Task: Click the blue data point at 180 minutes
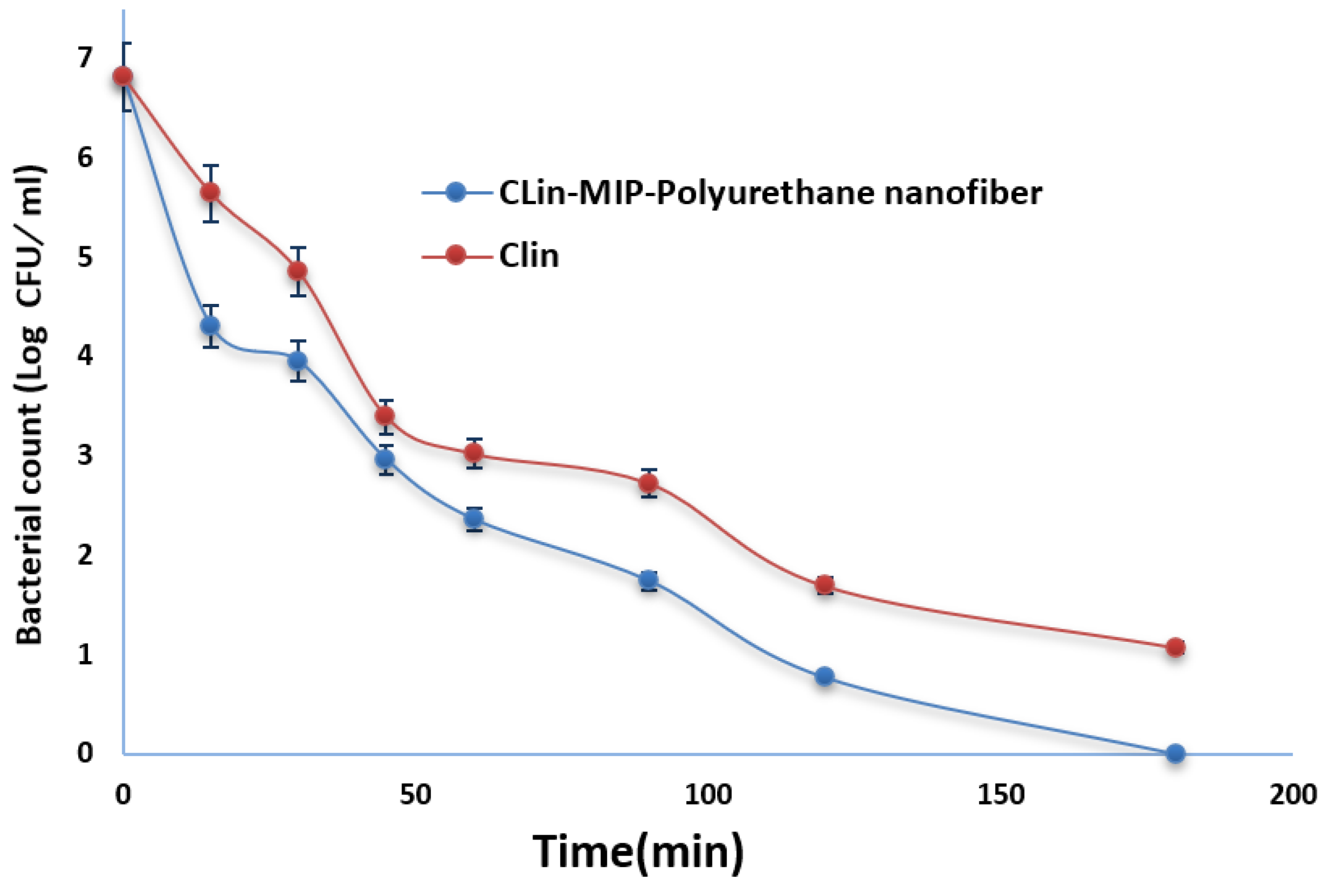[x=1175, y=753]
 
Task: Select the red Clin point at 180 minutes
[x=1175, y=647]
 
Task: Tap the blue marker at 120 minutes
[x=825, y=676]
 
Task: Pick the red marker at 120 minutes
[x=825, y=585]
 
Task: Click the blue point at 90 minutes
[x=648, y=579]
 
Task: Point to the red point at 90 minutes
[x=648, y=482]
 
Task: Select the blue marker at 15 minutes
[x=210, y=325]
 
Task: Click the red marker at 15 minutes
[x=210, y=192]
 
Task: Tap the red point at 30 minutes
[x=298, y=270]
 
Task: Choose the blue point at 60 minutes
[x=474, y=518]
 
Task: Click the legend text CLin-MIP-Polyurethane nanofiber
[x=770, y=193]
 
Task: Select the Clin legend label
[x=528, y=255]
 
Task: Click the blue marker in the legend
[x=455, y=192]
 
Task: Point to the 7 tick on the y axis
[x=85, y=57]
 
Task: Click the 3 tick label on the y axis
[x=85, y=454]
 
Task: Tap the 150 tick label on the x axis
[x=1001, y=795]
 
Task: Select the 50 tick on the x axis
[x=415, y=795]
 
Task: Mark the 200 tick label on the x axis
[x=1293, y=795]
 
